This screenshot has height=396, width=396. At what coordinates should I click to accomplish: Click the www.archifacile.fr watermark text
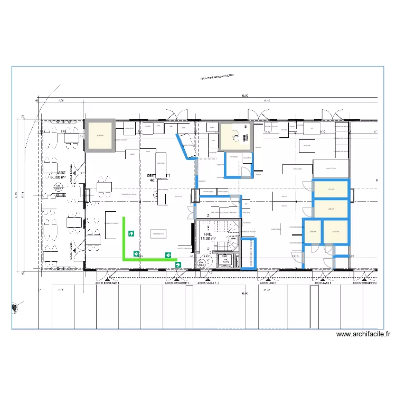point(363,334)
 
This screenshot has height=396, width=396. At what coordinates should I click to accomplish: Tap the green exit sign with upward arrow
point(130,233)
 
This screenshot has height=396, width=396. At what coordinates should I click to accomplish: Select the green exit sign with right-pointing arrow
point(178,265)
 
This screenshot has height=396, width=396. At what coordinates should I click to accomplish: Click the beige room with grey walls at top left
point(100,136)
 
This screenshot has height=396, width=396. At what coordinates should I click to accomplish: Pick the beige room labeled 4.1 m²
point(331,190)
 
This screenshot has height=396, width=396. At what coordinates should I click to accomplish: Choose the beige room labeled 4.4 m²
point(331,209)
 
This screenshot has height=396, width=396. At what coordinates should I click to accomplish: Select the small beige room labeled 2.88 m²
point(312,231)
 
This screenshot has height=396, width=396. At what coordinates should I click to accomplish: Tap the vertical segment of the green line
point(125,238)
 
